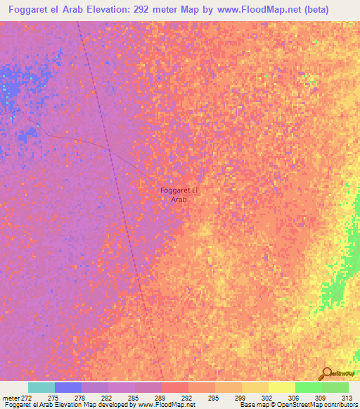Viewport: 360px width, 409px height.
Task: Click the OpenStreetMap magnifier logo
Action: pos(326,372)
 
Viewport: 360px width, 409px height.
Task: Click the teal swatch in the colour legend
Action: pos(41,387)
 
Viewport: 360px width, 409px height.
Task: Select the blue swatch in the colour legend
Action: pos(67,387)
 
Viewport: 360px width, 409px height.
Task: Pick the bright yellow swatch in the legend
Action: pos(281,387)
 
